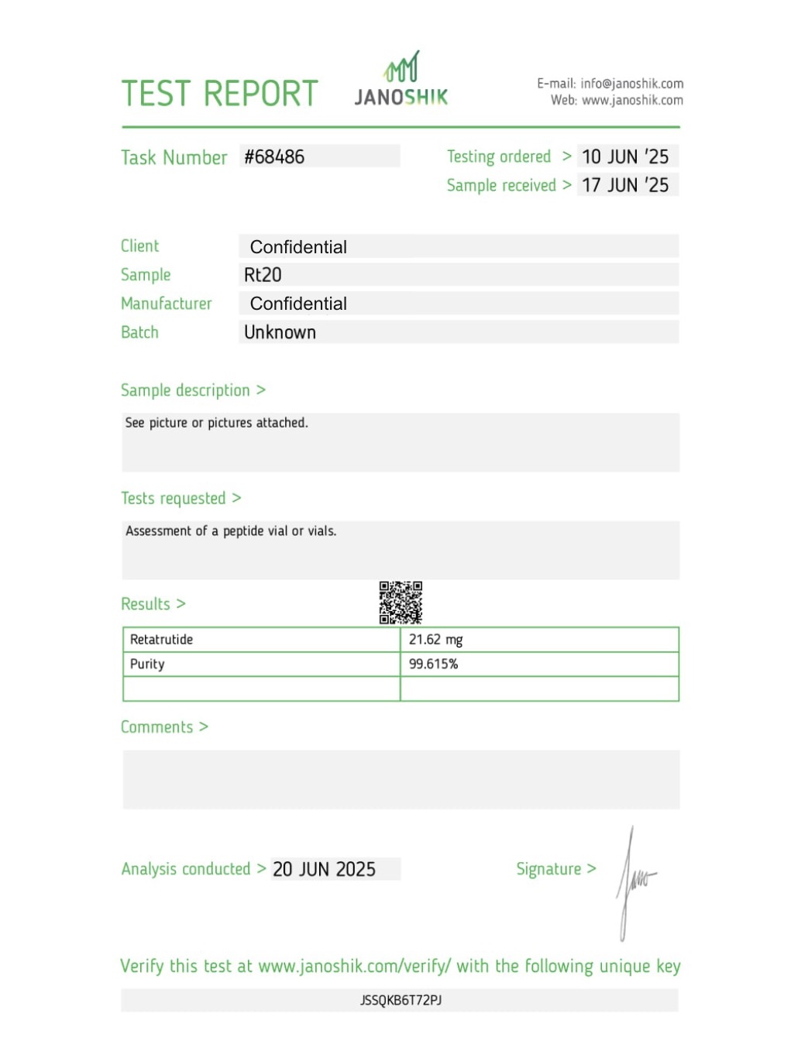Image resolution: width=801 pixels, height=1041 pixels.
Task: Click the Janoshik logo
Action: pos(401,80)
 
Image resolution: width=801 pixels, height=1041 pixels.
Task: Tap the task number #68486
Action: pos(274,157)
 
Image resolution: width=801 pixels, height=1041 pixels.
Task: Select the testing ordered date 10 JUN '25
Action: pos(625,157)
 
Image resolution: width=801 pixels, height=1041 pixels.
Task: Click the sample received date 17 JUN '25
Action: pos(625,185)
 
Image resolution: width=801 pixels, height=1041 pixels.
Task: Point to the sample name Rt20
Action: pos(263,275)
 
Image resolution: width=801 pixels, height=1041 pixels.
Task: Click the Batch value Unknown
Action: pos(280,332)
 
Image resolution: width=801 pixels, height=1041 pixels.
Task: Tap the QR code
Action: pos(400,603)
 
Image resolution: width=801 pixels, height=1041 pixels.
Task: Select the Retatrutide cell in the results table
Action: pos(162,640)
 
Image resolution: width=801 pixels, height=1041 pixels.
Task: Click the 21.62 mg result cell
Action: pos(435,640)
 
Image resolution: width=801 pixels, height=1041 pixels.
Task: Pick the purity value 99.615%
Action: pos(433,665)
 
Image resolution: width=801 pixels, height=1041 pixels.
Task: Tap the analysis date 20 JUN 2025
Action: pos(324,870)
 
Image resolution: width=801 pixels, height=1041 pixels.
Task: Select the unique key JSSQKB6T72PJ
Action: pos(400,1001)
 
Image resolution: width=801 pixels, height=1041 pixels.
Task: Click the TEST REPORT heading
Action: pos(219,94)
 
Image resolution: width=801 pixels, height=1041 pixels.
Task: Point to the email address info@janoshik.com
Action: pos(631,84)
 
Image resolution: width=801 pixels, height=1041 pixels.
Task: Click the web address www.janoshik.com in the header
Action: pos(632,101)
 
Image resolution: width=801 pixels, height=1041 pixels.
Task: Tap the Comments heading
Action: pos(156,727)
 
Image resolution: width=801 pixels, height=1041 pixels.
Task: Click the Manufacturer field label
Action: pos(166,304)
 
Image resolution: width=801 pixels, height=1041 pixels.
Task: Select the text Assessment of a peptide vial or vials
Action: pos(231,531)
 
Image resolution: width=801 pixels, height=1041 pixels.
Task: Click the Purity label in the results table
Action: pos(147,665)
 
